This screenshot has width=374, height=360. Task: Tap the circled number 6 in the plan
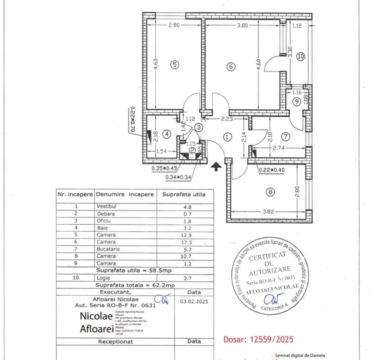click(x=230, y=67)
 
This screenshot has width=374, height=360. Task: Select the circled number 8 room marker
click(x=271, y=192)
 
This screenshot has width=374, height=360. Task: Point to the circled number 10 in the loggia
click(x=300, y=56)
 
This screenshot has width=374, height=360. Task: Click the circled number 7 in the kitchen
click(x=285, y=137)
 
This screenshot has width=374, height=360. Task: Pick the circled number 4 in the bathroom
click(x=167, y=134)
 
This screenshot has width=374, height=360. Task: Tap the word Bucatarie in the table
click(x=108, y=249)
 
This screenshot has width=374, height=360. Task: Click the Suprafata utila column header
click(x=184, y=195)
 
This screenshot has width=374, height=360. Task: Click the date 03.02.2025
click(x=194, y=301)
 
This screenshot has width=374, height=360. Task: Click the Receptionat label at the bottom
click(x=116, y=342)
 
